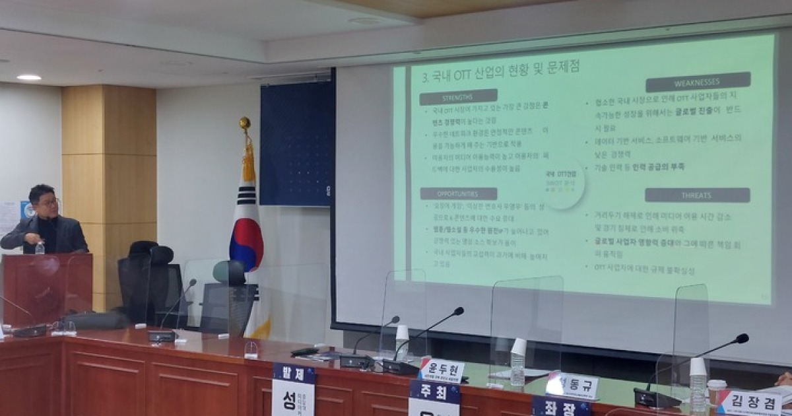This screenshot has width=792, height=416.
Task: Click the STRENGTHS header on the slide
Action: pyautogui.click(x=458, y=97)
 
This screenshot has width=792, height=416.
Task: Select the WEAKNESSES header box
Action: pyautogui.click(x=698, y=82)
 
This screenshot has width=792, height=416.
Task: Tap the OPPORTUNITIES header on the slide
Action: pyautogui.click(x=458, y=193)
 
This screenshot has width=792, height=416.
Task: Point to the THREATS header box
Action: pyautogui.click(x=697, y=195)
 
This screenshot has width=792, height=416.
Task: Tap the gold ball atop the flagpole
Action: pyautogui.click(x=245, y=123)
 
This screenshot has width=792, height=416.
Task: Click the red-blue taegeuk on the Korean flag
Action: pyautogui.click(x=246, y=241)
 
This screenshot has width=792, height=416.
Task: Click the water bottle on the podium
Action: pyautogui.click(x=40, y=248)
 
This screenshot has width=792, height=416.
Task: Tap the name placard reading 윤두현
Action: pyautogui.click(x=442, y=370)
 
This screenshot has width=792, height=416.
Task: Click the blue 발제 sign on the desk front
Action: pyautogui.click(x=294, y=373)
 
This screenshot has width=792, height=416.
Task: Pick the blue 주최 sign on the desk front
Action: pyautogui.click(x=434, y=392)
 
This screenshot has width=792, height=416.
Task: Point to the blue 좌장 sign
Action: pyautogui.click(x=561, y=406)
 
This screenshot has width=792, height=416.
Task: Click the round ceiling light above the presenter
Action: pyautogui.click(x=28, y=77)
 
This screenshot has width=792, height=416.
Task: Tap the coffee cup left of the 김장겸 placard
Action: pyautogui.click(x=716, y=390)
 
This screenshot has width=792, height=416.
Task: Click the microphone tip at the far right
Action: pyautogui.click(x=742, y=339)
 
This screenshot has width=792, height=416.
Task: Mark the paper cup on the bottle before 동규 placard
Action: pyautogui.click(x=519, y=347)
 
